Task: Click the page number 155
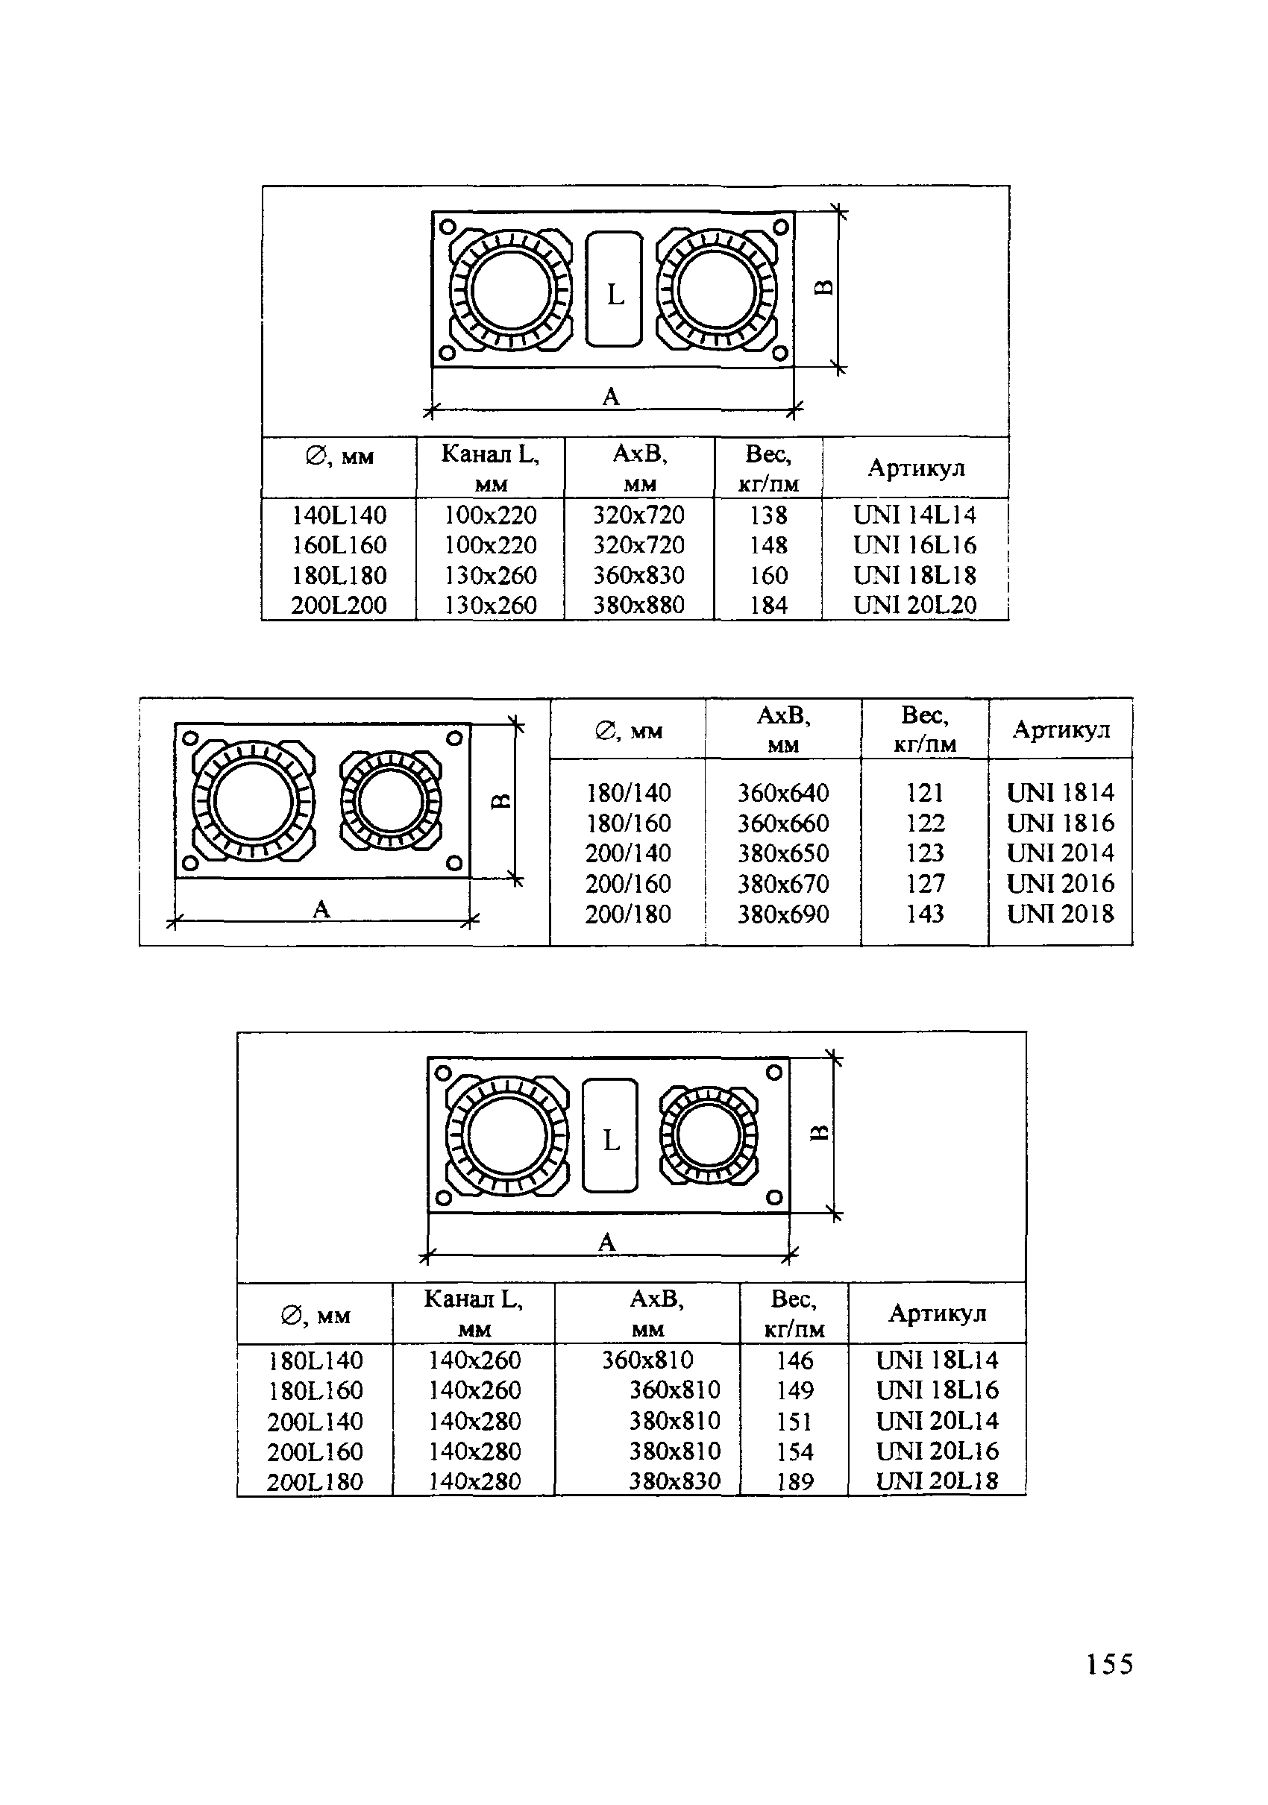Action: click(x=1109, y=1664)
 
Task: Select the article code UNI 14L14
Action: click(x=914, y=515)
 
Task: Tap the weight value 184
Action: click(x=768, y=605)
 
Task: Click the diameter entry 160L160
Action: click(x=339, y=544)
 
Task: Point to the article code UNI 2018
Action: click(x=1060, y=914)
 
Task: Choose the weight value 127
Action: click(x=924, y=884)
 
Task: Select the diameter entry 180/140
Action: click(x=628, y=792)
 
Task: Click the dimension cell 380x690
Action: click(x=782, y=914)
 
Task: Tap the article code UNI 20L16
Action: click(x=936, y=1451)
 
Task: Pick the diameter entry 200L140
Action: click(x=315, y=1422)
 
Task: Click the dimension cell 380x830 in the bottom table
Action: click(x=674, y=1482)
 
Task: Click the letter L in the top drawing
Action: click(x=615, y=295)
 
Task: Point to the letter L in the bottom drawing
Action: click(x=611, y=1140)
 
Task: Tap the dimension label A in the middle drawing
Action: click(x=321, y=909)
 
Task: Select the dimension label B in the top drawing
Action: click(x=822, y=288)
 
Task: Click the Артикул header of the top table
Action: click(x=915, y=468)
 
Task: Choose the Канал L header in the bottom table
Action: click(x=473, y=1312)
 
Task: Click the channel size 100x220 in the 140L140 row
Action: click(x=490, y=515)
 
